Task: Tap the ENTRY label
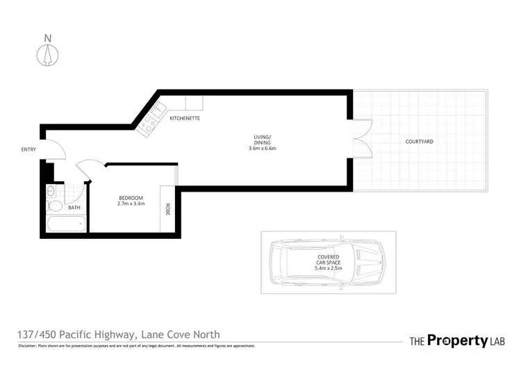(28, 149)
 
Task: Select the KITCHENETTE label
(185, 119)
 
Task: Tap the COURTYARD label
(419, 142)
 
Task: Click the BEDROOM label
(131, 198)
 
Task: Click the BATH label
(74, 208)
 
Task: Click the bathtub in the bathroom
(66, 224)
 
